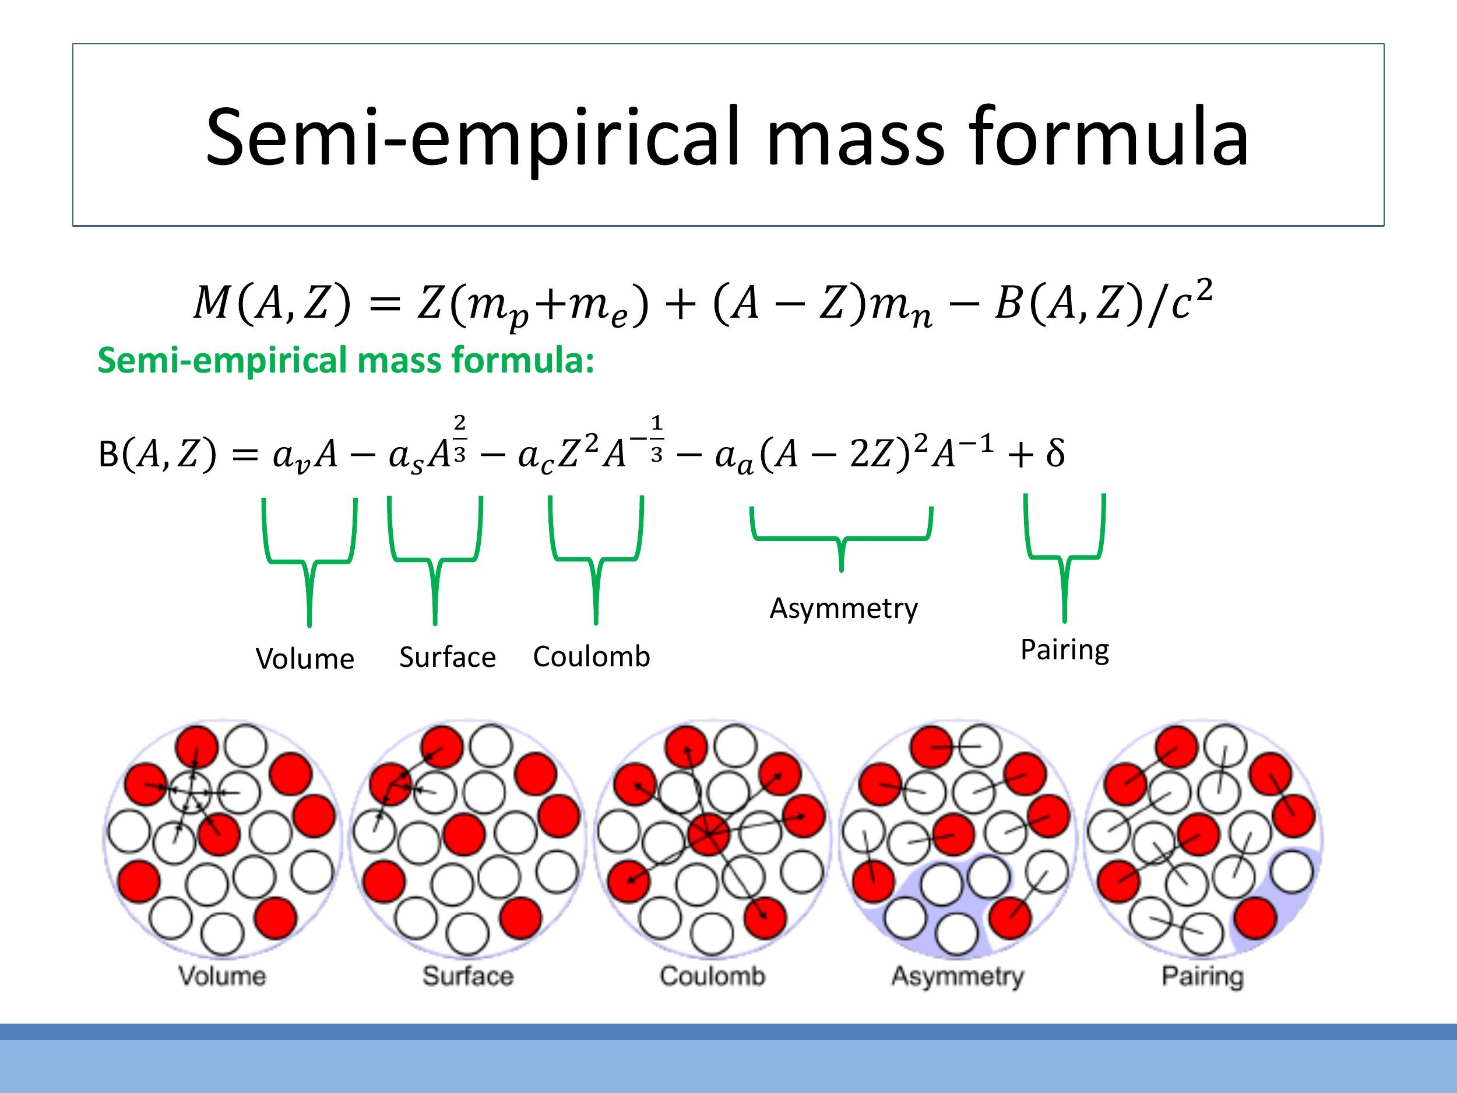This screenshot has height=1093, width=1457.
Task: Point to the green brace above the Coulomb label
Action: click(596, 560)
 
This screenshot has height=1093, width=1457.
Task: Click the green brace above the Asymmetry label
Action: click(841, 539)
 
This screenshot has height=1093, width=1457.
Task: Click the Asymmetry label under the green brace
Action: click(843, 608)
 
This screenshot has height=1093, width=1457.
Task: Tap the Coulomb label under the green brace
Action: click(592, 657)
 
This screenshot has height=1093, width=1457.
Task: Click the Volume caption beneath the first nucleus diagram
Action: click(222, 976)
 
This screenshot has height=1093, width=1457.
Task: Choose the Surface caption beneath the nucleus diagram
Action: click(467, 976)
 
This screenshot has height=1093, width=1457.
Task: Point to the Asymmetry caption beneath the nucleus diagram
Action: click(958, 976)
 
